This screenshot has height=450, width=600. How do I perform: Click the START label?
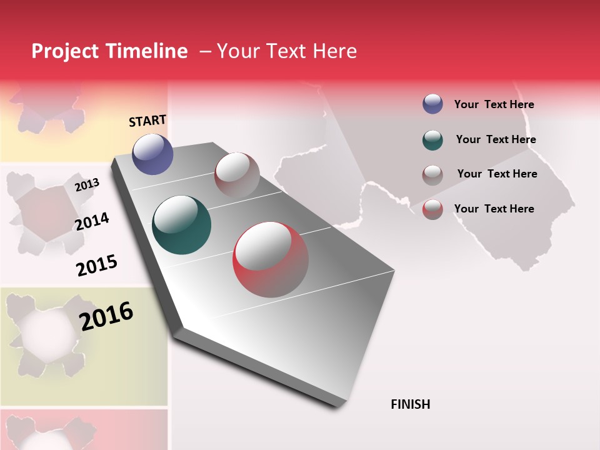click(147, 121)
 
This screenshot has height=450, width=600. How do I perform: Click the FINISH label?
click(410, 404)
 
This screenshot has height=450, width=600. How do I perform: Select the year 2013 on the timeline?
click(87, 185)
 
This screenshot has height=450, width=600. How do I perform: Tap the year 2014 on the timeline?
click(92, 221)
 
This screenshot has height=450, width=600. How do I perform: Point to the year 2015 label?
click(96, 265)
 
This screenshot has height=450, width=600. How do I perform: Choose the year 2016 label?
click(106, 316)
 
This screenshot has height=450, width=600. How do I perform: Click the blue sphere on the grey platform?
click(152, 154)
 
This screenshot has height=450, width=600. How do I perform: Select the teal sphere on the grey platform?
click(181, 225)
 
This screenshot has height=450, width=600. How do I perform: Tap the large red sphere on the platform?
click(271, 259)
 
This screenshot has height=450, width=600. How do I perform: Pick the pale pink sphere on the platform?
click(237, 174)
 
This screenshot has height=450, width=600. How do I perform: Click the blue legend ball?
click(432, 104)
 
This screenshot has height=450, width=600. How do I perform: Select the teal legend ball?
click(432, 140)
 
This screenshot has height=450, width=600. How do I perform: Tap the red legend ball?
click(432, 209)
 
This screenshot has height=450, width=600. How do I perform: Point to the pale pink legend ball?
click(432, 174)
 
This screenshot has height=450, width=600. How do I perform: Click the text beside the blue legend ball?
click(494, 104)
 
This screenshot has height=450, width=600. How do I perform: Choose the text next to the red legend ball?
click(494, 209)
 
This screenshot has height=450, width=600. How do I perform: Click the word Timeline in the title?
click(148, 51)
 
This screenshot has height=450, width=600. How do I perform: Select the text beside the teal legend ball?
click(496, 139)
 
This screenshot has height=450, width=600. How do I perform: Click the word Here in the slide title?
click(334, 51)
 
